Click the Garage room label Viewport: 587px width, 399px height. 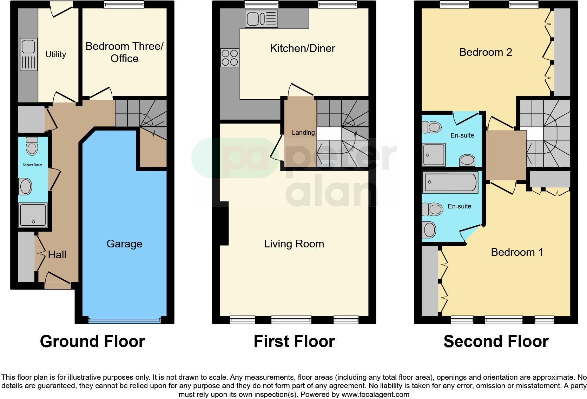click(x=124, y=244)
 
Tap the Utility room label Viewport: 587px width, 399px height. click(x=56, y=54)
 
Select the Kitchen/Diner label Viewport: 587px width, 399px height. click(x=302, y=48)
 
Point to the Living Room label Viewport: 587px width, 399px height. click(x=294, y=244)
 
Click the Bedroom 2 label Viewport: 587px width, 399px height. click(x=485, y=52)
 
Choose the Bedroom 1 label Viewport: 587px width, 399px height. click(x=517, y=252)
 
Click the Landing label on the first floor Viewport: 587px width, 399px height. click(x=303, y=133)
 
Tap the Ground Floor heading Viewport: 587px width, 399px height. click(x=92, y=341)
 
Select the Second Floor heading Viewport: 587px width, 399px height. click(x=496, y=341)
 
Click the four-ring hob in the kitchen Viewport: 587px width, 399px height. click(x=230, y=58)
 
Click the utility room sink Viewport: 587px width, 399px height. click(x=28, y=54)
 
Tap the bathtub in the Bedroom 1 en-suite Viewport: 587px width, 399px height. click(x=450, y=182)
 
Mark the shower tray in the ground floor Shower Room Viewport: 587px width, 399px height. click(x=33, y=215)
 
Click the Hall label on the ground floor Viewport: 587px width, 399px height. click(x=57, y=254)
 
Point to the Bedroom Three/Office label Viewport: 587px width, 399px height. click(x=124, y=52)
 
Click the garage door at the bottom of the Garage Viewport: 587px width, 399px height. click(x=124, y=320)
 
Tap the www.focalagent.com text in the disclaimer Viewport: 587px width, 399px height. click(x=375, y=394)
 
